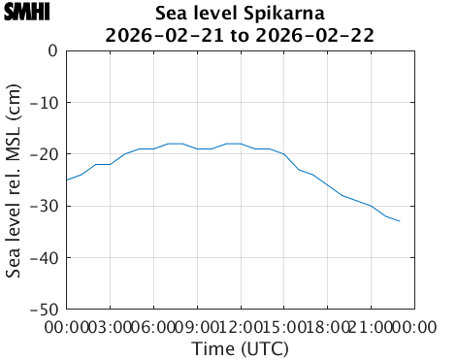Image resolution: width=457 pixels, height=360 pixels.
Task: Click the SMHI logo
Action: (x=26, y=13)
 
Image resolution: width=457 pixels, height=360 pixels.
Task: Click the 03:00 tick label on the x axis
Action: (x=110, y=327)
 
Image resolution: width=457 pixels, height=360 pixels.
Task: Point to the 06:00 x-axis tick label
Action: (x=153, y=327)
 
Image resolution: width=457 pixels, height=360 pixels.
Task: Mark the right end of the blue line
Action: (x=400, y=221)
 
